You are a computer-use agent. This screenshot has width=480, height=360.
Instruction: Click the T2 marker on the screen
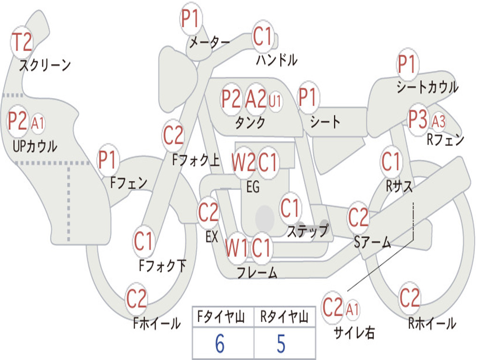coord(22,43)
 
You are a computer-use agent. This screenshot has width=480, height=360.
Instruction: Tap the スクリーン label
coord(45,65)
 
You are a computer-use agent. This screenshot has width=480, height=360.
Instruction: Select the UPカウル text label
coord(35,146)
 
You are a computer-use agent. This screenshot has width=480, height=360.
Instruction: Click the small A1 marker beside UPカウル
coord(37,124)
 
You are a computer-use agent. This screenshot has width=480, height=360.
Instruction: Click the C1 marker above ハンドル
coord(262,36)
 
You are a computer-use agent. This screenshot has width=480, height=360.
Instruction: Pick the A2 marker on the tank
coord(256,99)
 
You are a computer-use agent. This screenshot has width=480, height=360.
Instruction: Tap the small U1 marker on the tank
coord(275,101)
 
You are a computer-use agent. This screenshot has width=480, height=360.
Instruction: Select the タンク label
coord(250,122)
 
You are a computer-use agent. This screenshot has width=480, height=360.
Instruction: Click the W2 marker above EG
coord(243,162)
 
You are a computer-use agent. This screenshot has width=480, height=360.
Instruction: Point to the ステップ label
coord(308,230)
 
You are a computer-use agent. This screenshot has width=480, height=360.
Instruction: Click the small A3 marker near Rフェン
coord(438,121)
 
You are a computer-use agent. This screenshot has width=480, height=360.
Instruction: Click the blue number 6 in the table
coord(220,344)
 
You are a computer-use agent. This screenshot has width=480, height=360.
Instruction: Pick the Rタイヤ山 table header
coord(284,316)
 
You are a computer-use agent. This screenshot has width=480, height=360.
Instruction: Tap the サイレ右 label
coord(354,332)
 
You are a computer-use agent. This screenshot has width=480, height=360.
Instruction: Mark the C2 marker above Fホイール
coord(136,299)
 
